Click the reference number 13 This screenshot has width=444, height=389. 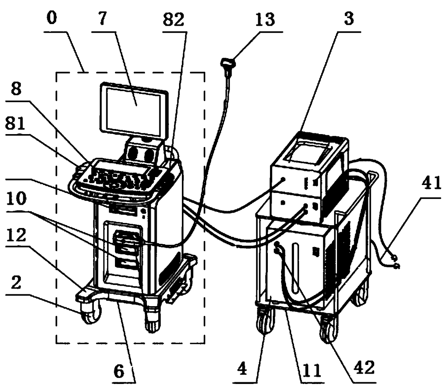(265, 19)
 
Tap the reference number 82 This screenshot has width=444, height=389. (173, 19)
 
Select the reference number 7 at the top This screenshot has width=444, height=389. (102, 19)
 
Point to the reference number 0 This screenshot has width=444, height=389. (52, 18)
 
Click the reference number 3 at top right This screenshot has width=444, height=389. (349, 19)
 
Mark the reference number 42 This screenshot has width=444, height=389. (365, 367)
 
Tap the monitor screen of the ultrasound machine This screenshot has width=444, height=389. (134, 112)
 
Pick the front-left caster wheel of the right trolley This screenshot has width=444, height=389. (265, 322)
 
